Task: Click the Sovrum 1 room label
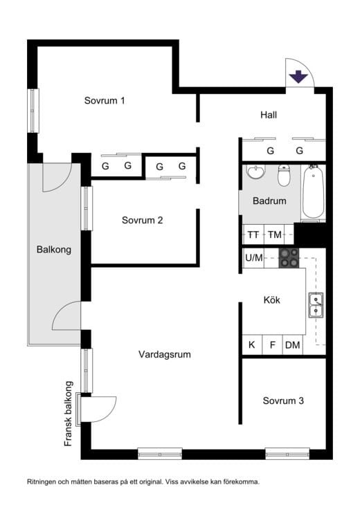tap(105, 100)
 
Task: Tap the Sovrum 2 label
tap(142, 221)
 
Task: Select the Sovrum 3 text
tap(283, 400)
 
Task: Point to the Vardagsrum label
tap(164, 354)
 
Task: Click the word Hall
tap(269, 115)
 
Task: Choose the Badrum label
tap(269, 201)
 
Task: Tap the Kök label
tap(272, 300)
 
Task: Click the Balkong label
tap(54, 250)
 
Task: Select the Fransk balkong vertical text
tap(69, 414)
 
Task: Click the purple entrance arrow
tap(298, 76)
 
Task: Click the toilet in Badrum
tap(283, 176)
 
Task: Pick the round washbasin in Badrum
tap(255, 172)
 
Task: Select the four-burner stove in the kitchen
tap(290, 258)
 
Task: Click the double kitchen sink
tap(316, 304)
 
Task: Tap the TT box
tap(253, 234)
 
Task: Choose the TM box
tap(275, 234)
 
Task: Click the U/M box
tap(254, 258)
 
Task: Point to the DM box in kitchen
tap(293, 345)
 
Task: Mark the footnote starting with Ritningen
tap(143, 482)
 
